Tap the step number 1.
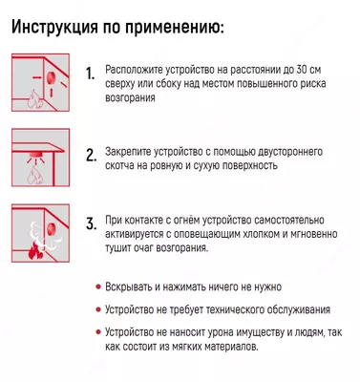pos(91,74)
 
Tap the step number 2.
pos(91,156)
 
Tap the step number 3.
pos(91,225)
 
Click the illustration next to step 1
pos(41,82)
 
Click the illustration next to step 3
pos(41,233)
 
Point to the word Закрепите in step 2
pos(129,152)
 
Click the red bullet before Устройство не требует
pos(99,309)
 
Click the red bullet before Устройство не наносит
pos(99,333)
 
